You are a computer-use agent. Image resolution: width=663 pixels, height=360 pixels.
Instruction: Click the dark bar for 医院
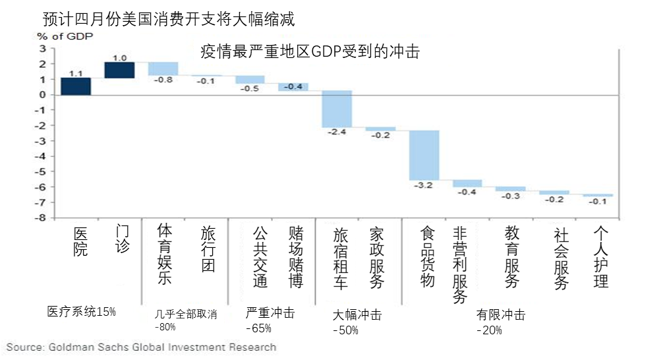(x=75, y=86)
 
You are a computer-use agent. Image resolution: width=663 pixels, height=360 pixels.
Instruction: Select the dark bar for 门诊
(x=119, y=70)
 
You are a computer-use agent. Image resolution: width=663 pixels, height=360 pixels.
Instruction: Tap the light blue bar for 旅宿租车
(x=336, y=109)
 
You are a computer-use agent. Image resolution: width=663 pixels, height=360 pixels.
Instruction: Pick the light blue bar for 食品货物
(x=424, y=155)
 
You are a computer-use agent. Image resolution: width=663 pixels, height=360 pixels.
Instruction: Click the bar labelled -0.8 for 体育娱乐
(x=163, y=69)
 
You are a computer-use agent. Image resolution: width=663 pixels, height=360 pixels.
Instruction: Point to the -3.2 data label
(x=424, y=185)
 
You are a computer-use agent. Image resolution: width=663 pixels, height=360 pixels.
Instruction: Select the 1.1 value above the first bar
(x=76, y=73)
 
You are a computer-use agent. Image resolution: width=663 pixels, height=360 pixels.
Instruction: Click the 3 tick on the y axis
(x=43, y=49)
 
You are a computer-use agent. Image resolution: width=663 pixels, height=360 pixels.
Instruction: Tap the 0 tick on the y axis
(x=43, y=95)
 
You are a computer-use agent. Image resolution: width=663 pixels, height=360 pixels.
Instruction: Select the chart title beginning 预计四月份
(x=168, y=19)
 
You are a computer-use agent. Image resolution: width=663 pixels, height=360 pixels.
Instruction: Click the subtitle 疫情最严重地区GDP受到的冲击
(x=309, y=52)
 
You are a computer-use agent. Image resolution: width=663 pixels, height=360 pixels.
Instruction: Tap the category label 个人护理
(x=600, y=258)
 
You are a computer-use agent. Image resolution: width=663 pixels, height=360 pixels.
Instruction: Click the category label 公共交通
(x=260, y=258)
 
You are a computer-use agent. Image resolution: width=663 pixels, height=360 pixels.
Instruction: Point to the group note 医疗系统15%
(x=81, y=311)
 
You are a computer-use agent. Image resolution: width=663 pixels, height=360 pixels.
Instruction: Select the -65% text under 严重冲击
(x=259, y=328)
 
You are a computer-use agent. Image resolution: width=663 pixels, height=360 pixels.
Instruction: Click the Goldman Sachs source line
(x=142, y=347)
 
